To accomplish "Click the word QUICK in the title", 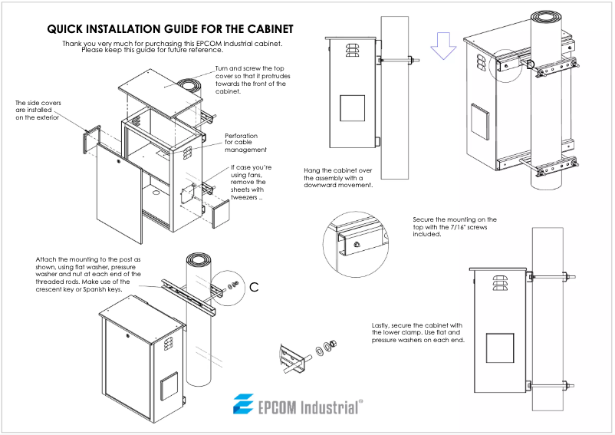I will click(x=67, y=29).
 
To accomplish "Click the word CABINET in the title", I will click(x=266, y=29).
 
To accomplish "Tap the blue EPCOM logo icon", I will click(x=244, y=404).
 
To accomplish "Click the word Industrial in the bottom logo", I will click(x=321, y=406).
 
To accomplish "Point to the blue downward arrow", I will click(x=442, y=45).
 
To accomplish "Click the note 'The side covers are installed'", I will click(x=38, y=110).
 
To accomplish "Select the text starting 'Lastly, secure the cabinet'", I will click(x=418, y=332).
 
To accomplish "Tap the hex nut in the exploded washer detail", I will click(x=333, y=345).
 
